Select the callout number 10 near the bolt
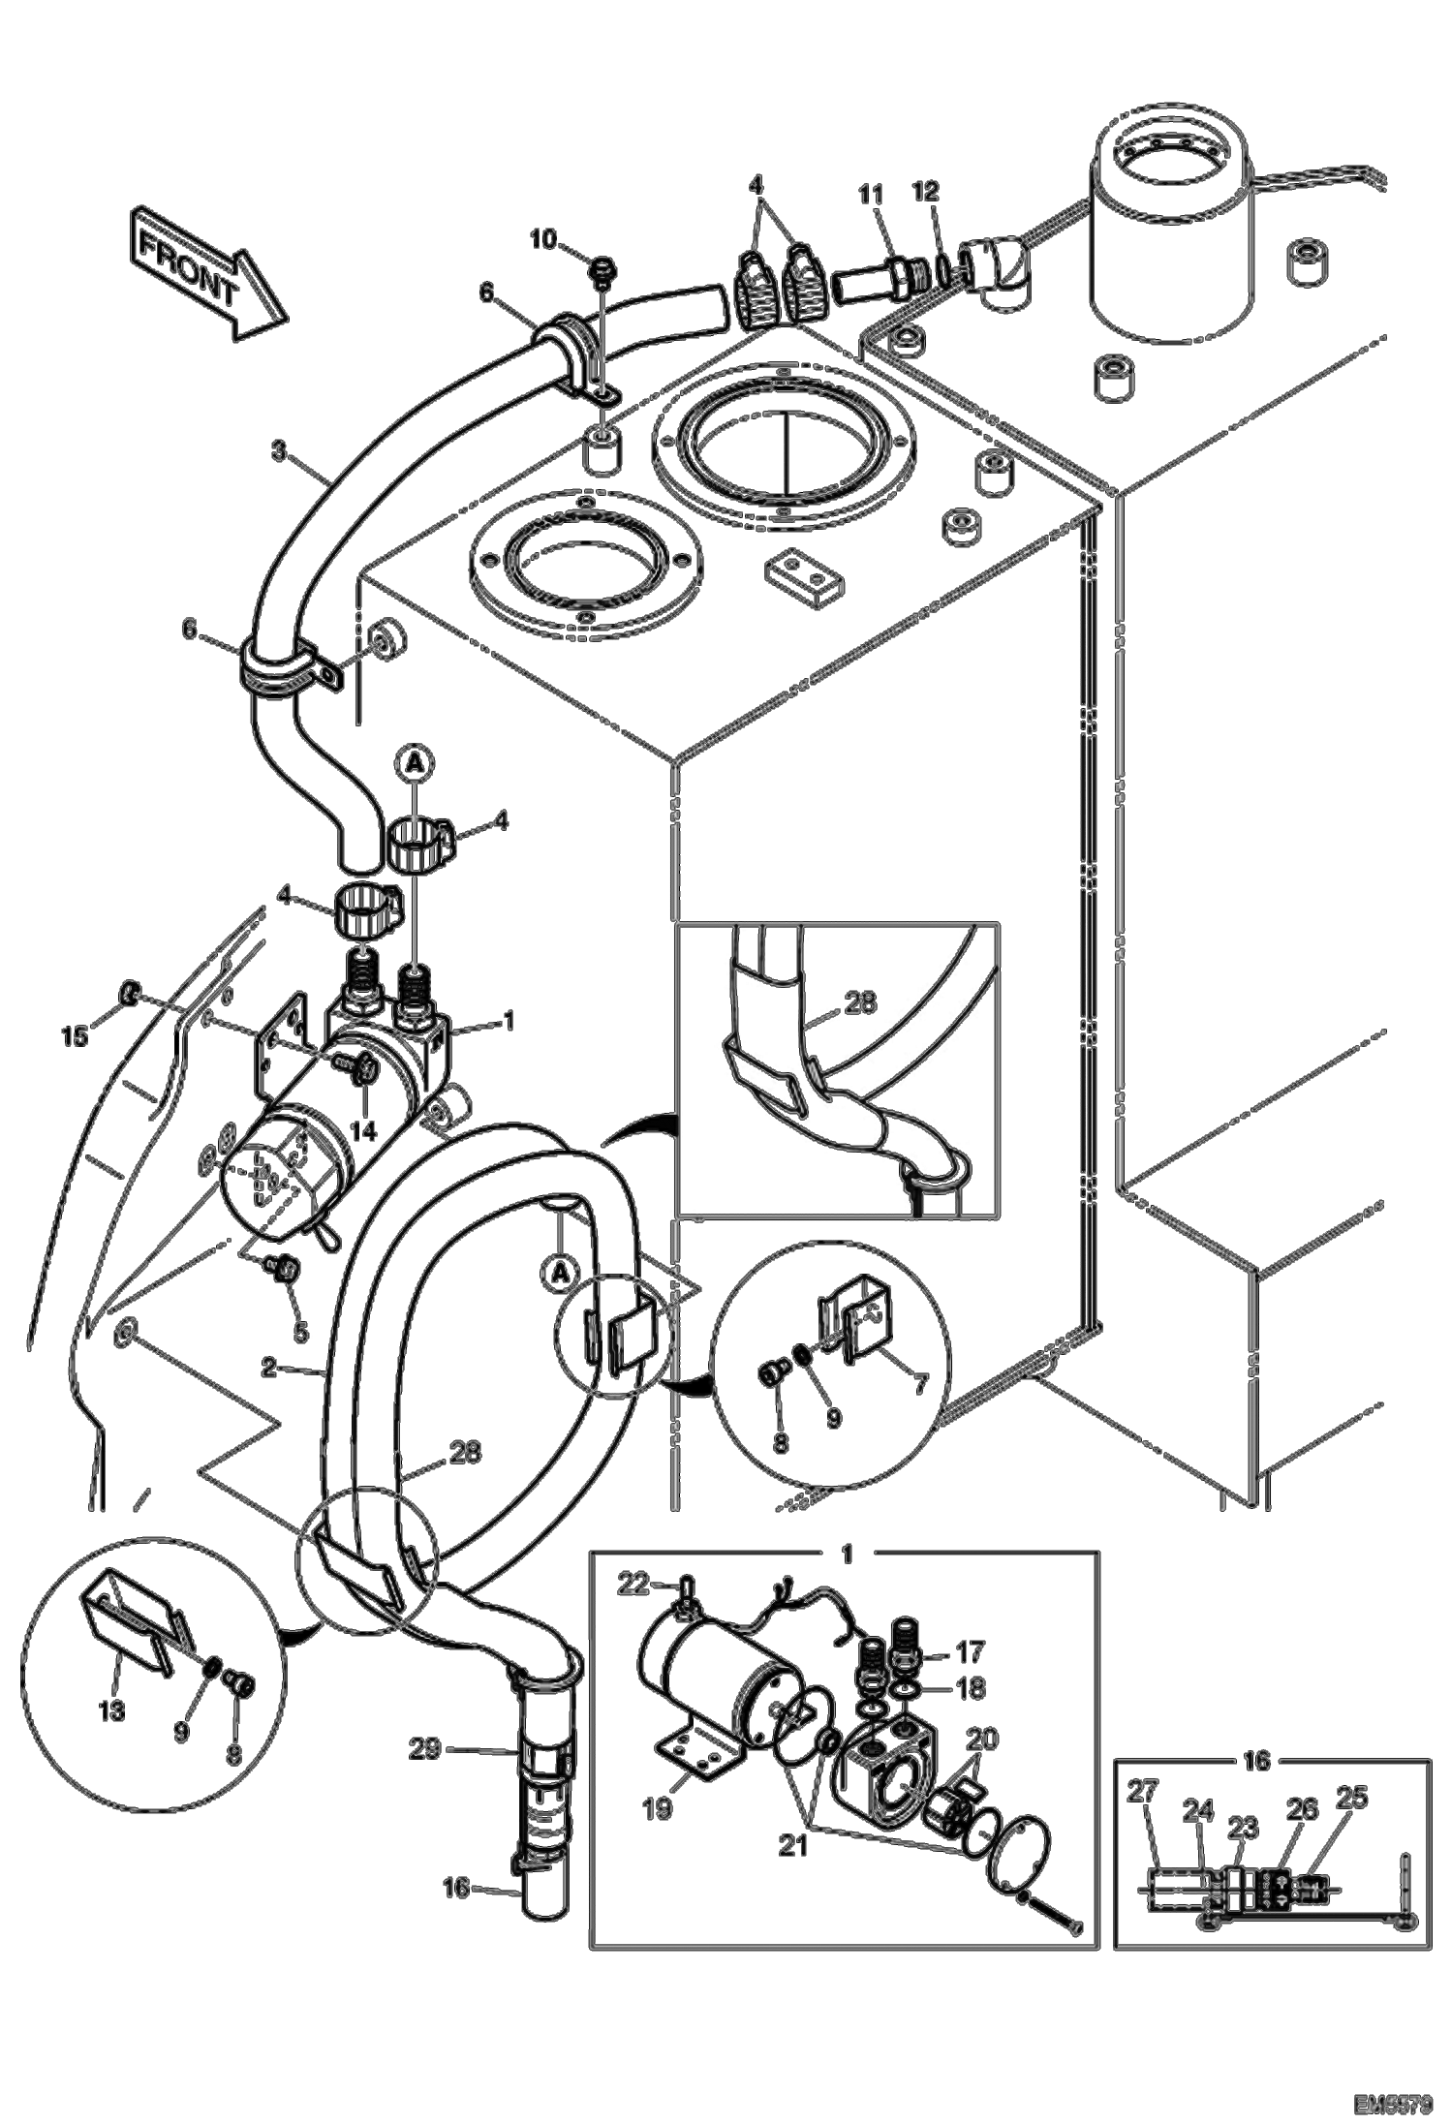pos(543,239)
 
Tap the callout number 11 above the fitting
pos(870,195)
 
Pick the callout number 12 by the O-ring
pos(926,192)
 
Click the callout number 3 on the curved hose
pos(279,451)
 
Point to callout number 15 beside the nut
pos(76,1035)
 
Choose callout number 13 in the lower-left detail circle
pos(113,1711)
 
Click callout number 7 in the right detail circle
pos(919,1383)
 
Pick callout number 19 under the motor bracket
pos(658,1808)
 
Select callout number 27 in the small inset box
pos(1143,1792)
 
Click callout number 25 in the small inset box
pos(1352,1798)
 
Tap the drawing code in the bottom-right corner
pos(1393,2099)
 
